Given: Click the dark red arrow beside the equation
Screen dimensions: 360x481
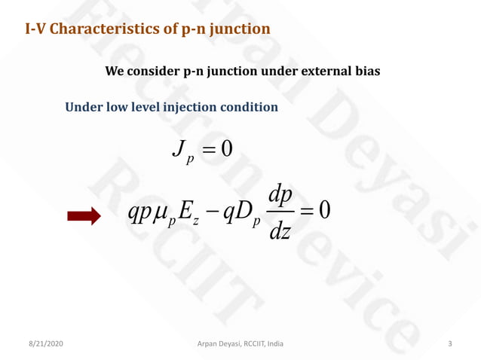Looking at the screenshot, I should point(83,217).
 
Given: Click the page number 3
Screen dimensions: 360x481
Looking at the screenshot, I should point(450,343).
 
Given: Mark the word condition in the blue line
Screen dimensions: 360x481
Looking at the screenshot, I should point(250,107).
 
